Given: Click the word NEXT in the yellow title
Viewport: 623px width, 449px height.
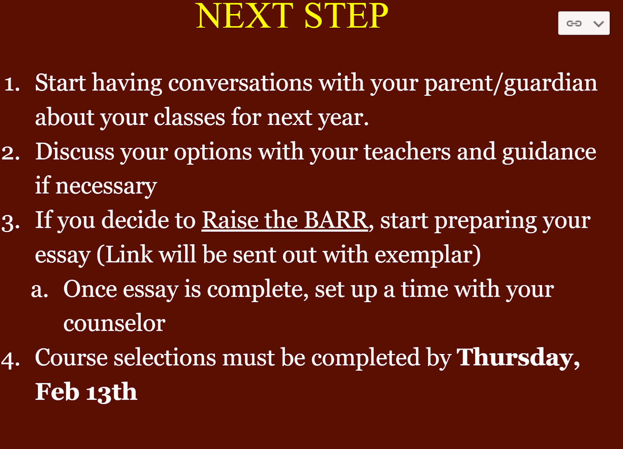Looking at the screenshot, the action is coord(245,16).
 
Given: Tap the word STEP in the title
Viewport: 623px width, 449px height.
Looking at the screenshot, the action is coord(346,16).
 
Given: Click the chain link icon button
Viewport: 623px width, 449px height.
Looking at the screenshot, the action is coord(574,23).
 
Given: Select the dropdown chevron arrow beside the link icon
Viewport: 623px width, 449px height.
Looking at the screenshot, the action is coord(598,24).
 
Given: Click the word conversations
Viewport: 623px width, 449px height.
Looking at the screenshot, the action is coord(240,83).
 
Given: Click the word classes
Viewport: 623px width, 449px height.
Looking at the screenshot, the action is coord(189,117).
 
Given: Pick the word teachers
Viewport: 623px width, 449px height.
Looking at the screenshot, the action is coord(407,152).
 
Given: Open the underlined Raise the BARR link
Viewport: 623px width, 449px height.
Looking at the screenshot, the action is coord(285,220).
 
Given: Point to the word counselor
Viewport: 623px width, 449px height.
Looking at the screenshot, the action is coord(114,323).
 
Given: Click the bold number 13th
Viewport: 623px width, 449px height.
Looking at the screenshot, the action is coord(111,392).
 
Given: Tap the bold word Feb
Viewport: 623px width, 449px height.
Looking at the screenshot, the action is coord(57,392).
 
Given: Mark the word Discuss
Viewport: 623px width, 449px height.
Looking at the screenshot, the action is coord(75,152).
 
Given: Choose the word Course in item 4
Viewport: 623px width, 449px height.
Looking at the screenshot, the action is coord(71,358).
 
